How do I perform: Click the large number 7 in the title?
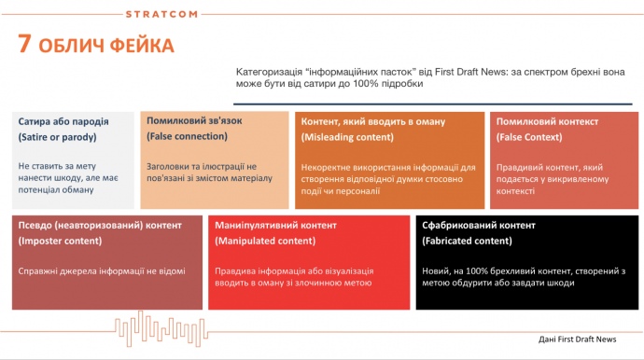pyautogui.click(x=28, y=45)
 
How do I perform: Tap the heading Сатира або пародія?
pyautogui.click(x=63, y=121)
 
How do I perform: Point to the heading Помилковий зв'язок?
pyautogui.click(x=194, y=120)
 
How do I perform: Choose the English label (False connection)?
pyautogui.click(x=187, y=136)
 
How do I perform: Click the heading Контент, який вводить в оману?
pyautogui.click(x=372, y=121)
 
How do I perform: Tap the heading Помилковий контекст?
pyautogui.click(x=547, y=121)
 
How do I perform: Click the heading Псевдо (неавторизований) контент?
pyautogui.click(x=101, y=226)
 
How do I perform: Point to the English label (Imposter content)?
pyautogui.click(x=67, y=242)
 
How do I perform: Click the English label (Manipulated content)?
pyautogui.click(x=265, y=242)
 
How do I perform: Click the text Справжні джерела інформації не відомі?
pyautogui.click(x=102, y=271)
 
